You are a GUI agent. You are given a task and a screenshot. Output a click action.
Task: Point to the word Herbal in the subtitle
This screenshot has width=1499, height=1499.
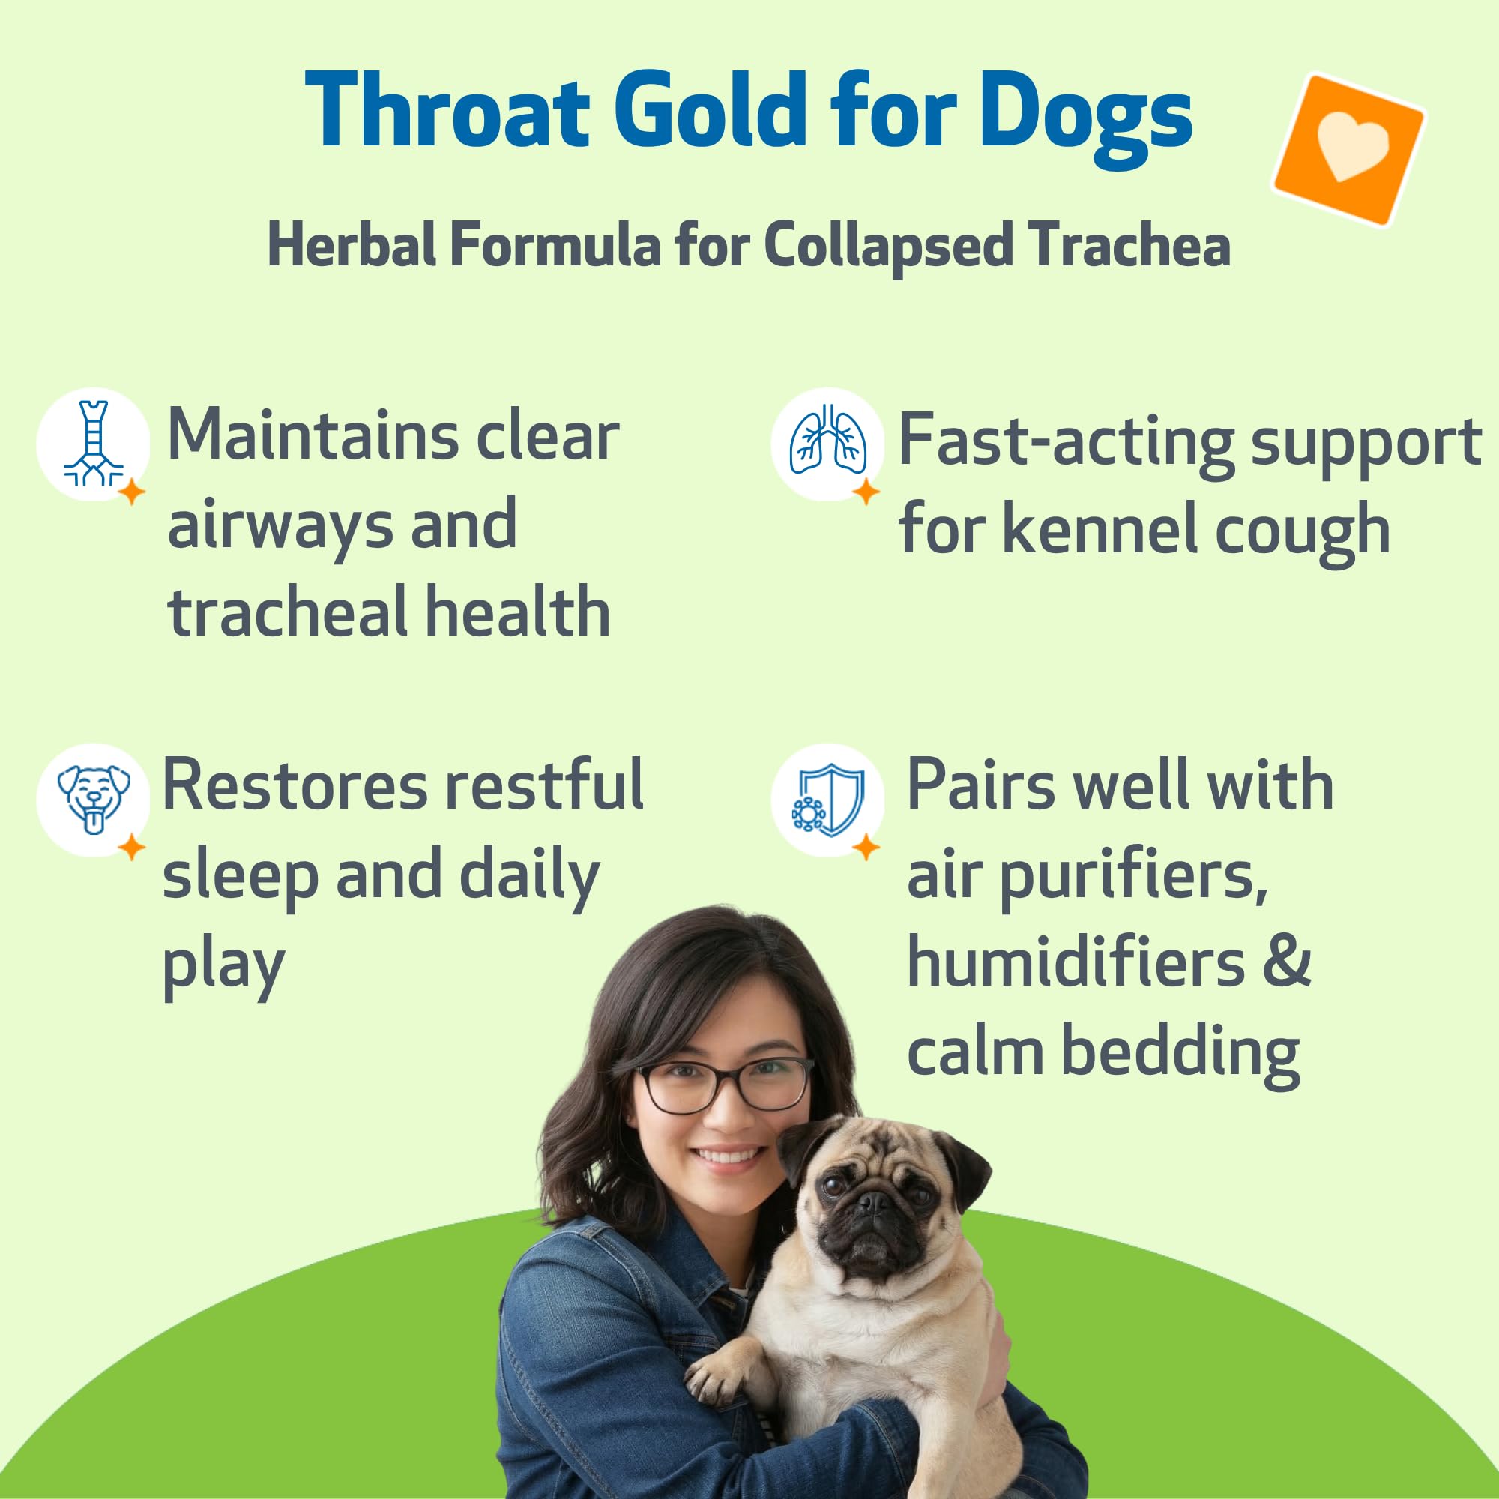[x=353, y=245]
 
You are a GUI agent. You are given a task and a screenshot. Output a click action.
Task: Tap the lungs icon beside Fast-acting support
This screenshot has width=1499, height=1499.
[x=828, y=439]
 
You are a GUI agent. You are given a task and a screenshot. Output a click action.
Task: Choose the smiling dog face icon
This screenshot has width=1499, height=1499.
[x=93, y=800]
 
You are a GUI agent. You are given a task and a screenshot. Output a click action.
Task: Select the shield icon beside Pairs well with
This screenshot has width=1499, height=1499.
[x=828, y=800]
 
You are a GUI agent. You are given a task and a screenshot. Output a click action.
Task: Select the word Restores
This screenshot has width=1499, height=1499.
[x=294, y=785]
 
